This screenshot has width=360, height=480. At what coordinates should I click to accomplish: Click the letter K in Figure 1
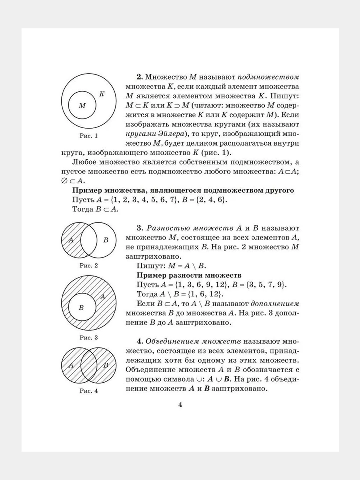pyautogui.click(x=102, y=94)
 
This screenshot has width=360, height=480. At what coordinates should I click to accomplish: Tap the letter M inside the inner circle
pyautogui.click(x=82, y=106)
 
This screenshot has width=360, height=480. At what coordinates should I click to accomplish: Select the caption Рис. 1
pyautogui.click(x=89, y=136)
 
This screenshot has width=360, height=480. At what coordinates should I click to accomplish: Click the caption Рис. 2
pyautogui.click(x=89, y=266)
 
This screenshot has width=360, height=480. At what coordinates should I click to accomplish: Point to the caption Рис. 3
pyautogui.click(x=89, y=337)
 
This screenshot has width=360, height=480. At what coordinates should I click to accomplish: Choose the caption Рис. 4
pyautogui.click(x=89, y=391)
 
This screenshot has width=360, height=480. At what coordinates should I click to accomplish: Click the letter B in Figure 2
pyautogui.click(x=106, y=240)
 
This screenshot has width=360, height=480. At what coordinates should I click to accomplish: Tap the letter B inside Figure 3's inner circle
pyautogui.click(x=81, y=308)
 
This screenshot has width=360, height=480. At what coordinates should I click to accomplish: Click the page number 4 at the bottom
pyautogui.click(x=180, y=405)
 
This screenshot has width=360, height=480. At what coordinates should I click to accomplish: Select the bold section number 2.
pyautogui.click(x=140, y=77)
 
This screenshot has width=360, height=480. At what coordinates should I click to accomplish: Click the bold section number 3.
pyautogui.click(x=140, y=228)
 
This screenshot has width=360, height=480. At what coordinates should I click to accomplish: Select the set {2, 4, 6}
pyautogui.click(x=208, y=200)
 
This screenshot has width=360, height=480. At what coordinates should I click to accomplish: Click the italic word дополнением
pyautogui.click(x=275, y=304)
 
